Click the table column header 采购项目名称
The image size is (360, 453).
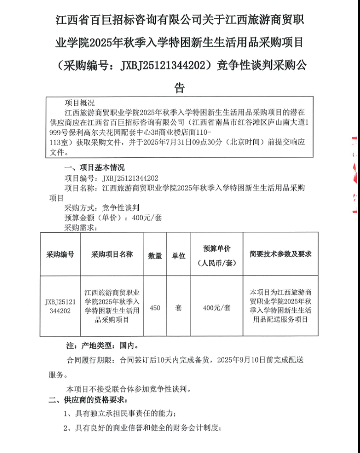(x=112, y=255)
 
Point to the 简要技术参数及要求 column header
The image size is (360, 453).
(x=280, y=254)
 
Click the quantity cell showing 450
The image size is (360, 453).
(x=155, y=307)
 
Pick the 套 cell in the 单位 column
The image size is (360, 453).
(x=178, y=307)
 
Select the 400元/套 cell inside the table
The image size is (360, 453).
(x=217, y=308)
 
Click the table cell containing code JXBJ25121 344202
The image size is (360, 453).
(x=60, y=306)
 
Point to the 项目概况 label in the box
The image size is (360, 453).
(x=80, y=103)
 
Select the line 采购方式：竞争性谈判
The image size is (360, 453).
(x=102, y=208)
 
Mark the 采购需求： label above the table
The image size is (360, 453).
(x=81, y=227)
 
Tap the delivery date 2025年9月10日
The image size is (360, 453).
(x=245, y=360)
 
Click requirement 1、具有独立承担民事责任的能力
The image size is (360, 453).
(x=120, y=413)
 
